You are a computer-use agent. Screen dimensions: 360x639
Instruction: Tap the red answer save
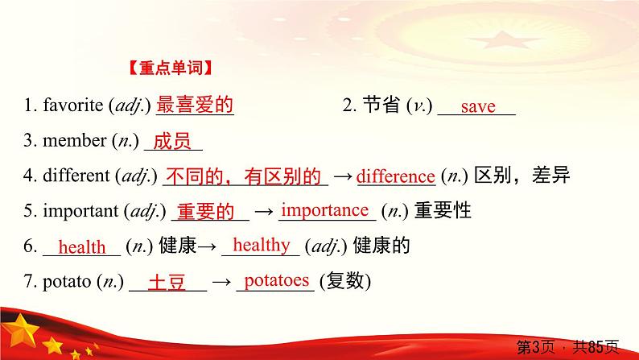[x=477, y=107]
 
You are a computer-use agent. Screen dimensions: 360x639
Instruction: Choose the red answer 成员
[x=171, y=142]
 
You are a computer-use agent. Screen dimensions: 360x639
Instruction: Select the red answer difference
[x=395, y=176]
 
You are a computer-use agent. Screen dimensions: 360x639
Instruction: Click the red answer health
[x=82, y=247]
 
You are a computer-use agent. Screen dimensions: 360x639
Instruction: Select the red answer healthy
[x=261, y=245]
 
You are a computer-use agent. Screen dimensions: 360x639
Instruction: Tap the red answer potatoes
[x=276, y=280]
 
